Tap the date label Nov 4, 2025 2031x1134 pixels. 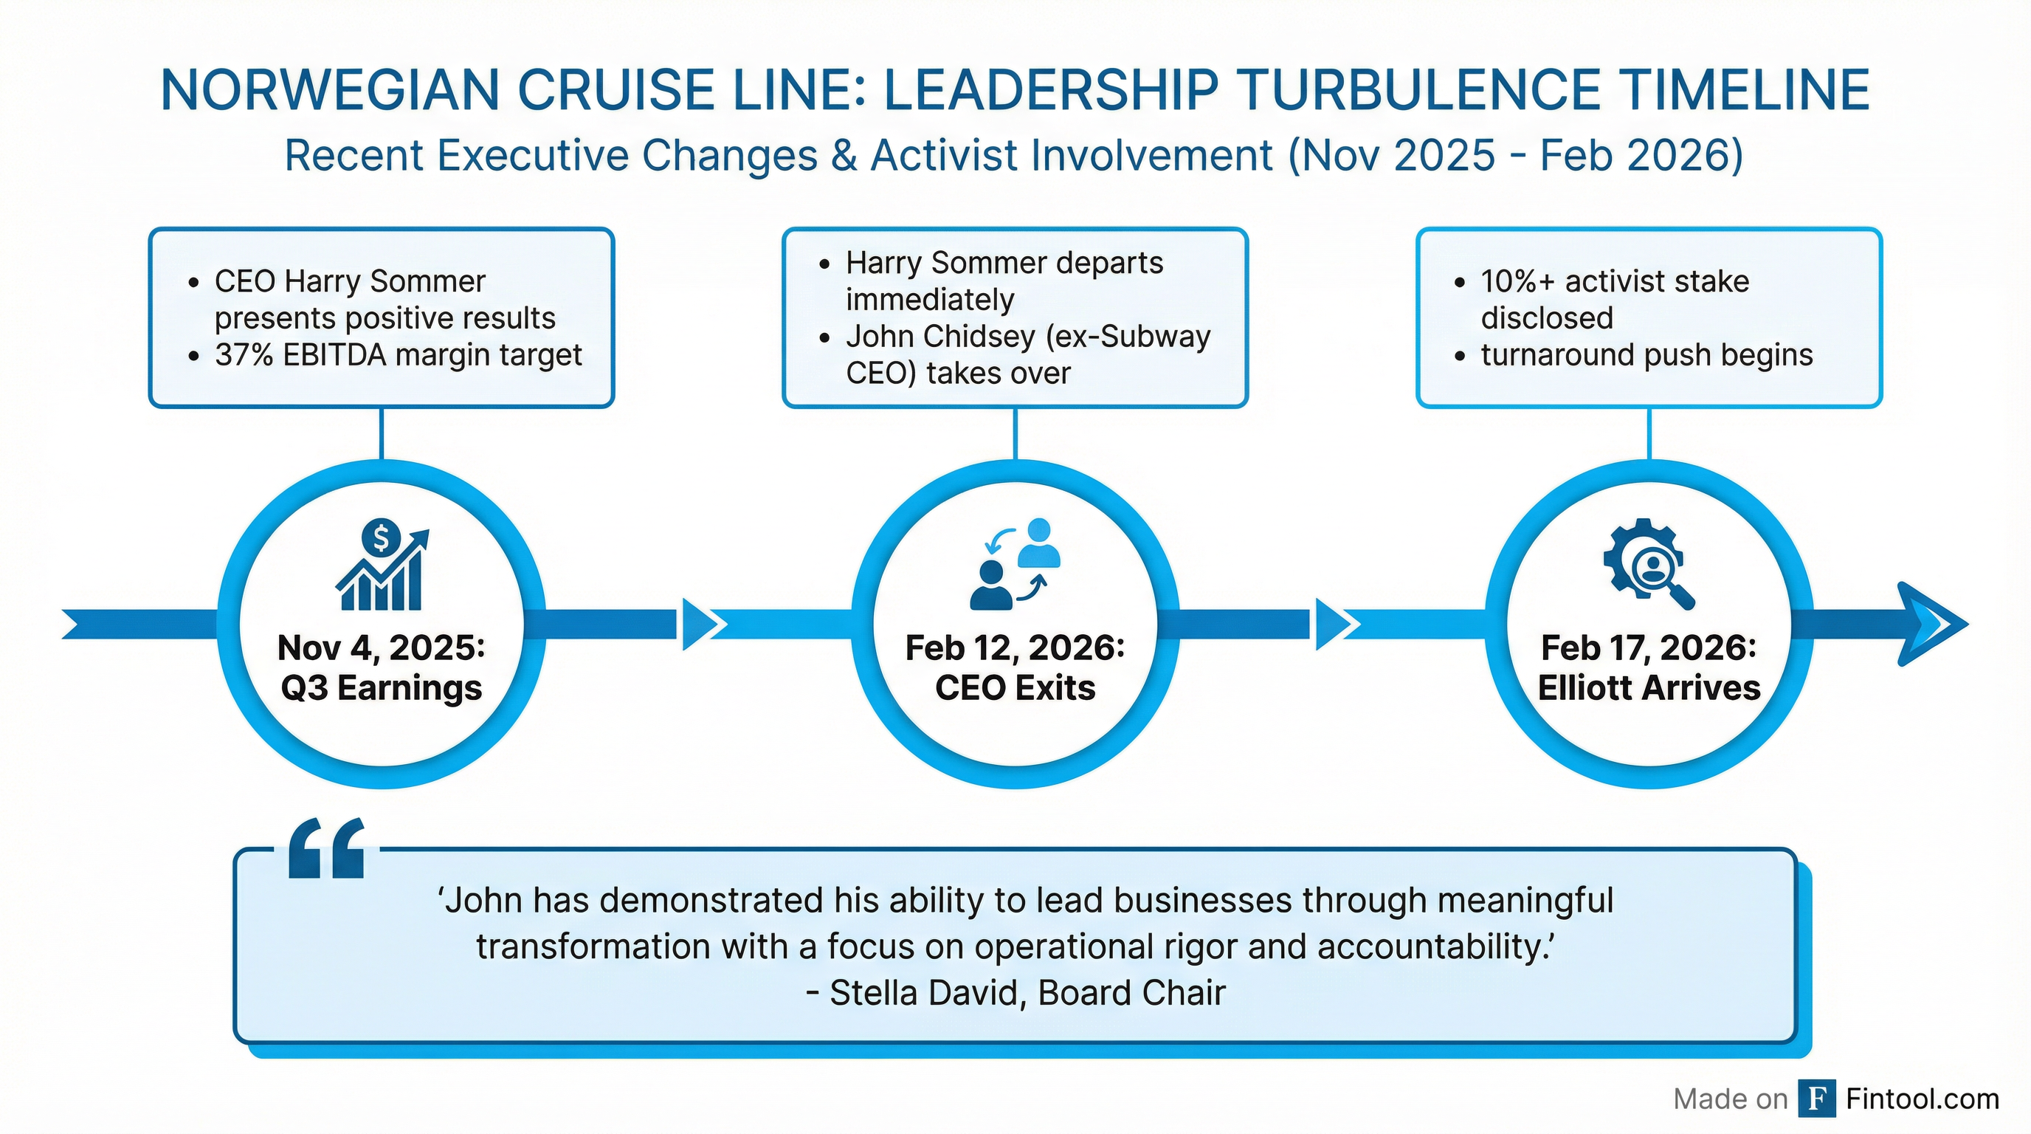click(381, 648)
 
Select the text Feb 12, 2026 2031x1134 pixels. click(1015, 648)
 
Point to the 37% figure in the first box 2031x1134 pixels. click(244, 356)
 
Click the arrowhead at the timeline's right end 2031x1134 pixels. click(1931, 625)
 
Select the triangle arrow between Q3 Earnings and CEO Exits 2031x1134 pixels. click(702, 625)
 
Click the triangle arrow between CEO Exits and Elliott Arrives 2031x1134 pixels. click(1336, 625)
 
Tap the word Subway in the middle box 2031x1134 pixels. click(1155, 337)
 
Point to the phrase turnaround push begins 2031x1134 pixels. click(1647, 356)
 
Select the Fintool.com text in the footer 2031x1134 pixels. click(1923, 1099)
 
